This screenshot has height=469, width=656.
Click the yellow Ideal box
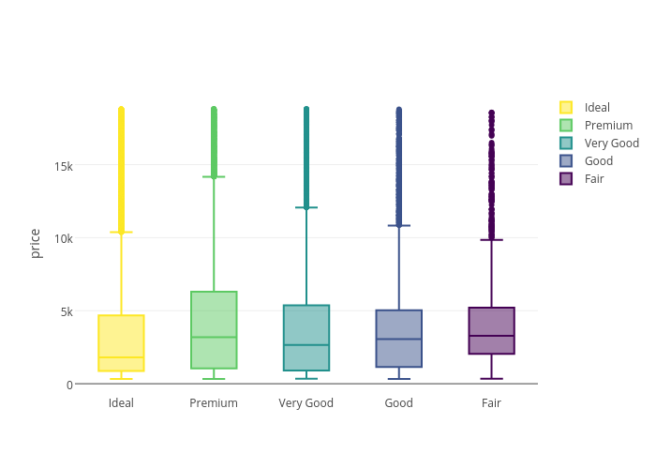click(121, 342)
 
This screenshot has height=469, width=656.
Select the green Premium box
click(214, 329)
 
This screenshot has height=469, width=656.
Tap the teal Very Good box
click(306, 337)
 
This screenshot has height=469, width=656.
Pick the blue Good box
click(398, 338)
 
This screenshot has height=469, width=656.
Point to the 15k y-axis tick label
click(64, 166)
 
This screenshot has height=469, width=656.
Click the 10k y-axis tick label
click(64, 238)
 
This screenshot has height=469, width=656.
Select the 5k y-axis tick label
click(67, 311)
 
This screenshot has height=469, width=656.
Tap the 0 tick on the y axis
click(69, 385)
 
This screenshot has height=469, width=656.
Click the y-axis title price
click(36, 243)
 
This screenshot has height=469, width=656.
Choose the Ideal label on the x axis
click(121, 403)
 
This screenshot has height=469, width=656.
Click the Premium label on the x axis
click(214, 403)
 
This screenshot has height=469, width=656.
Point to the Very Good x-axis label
click(306, 403)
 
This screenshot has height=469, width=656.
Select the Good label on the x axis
click(398, 403)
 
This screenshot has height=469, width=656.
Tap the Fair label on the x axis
click(491, 403)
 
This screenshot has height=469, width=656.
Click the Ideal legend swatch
click(566, 108)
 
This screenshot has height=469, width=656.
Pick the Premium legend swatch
click(566, 126)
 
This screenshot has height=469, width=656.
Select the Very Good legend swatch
click(566, 144)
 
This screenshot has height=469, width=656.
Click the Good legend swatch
click(566, 161)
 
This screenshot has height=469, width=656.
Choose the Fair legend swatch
click(566, 179)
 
